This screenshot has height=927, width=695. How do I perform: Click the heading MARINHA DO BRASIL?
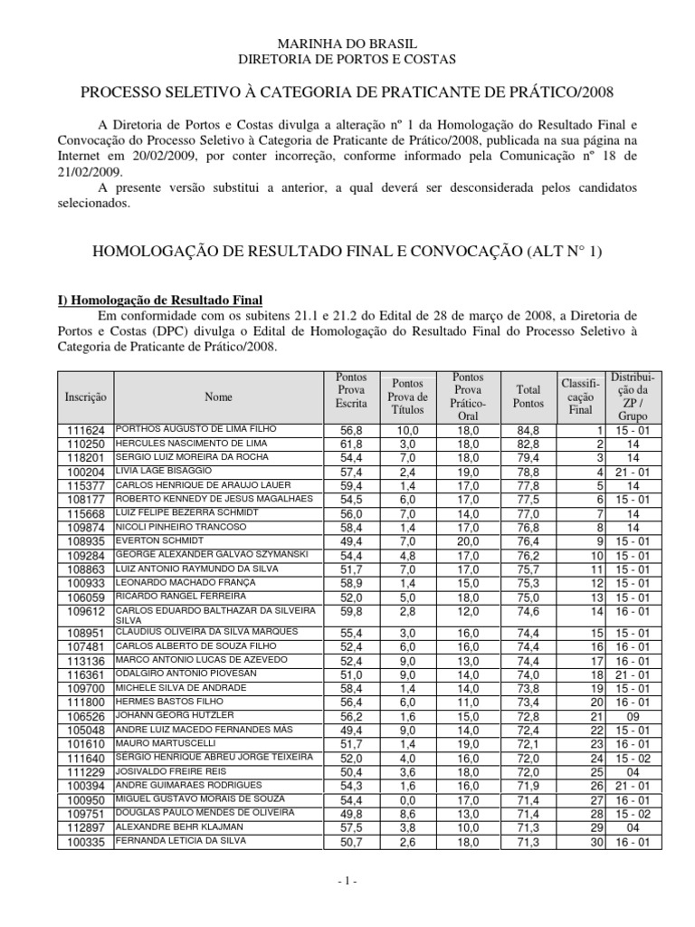click(347, 43)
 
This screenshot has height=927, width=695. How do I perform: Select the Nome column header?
click(218, 397)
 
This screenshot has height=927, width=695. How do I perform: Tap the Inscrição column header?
click(86, 397)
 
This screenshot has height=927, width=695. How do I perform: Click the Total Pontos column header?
click(528, 397)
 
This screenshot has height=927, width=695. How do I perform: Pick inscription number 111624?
click(87, 430)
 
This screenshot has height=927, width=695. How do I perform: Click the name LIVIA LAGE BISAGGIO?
click(165, 471)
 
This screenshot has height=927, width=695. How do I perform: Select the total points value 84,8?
click(528, 430)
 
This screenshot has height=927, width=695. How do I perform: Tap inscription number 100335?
click(87, 842)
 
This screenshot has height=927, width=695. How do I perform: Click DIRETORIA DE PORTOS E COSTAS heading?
click(347, 59)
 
